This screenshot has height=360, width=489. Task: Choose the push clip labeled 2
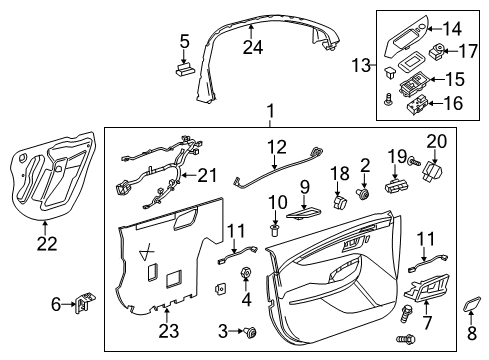click(x=364, y=192)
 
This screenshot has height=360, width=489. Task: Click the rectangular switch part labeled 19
click(x=399, y=186)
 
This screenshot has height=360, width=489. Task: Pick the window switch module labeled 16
click(x=414, y=100)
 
